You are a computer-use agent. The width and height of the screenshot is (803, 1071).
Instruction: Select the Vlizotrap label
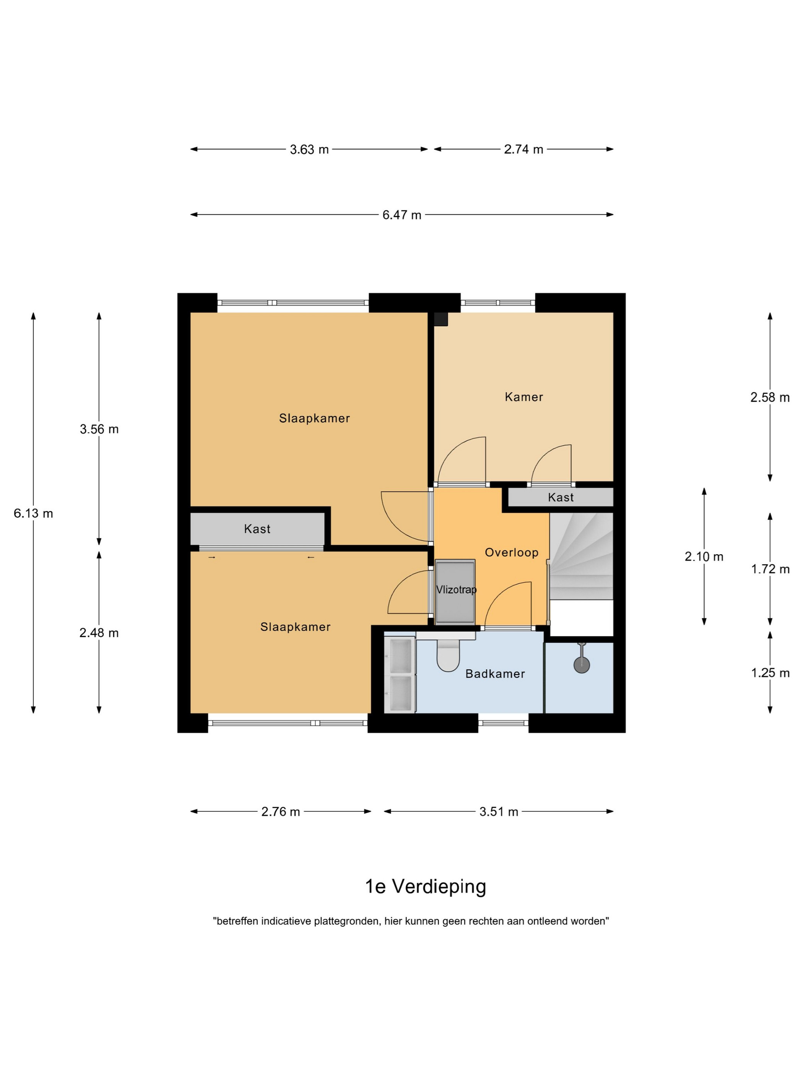[456, 589]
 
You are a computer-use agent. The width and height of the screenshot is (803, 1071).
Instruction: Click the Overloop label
[511, 552]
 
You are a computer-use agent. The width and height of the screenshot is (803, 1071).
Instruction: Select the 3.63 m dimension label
[309, 150]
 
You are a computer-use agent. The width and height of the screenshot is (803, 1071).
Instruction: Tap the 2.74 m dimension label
[523, 149]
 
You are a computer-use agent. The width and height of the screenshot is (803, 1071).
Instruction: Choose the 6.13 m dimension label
[33, 513]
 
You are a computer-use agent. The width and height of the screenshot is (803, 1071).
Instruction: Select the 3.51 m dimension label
[499, 812]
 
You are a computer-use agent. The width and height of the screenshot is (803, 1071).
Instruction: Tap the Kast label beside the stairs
[561, 497]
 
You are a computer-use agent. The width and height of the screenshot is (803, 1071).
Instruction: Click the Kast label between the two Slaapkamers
[257, 529]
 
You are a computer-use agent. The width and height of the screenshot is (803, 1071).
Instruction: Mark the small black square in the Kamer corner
[441, 319]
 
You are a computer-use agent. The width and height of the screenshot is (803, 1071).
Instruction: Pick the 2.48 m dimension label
[99, 633]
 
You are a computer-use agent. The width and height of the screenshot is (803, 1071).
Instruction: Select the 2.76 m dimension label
[280, 812]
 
